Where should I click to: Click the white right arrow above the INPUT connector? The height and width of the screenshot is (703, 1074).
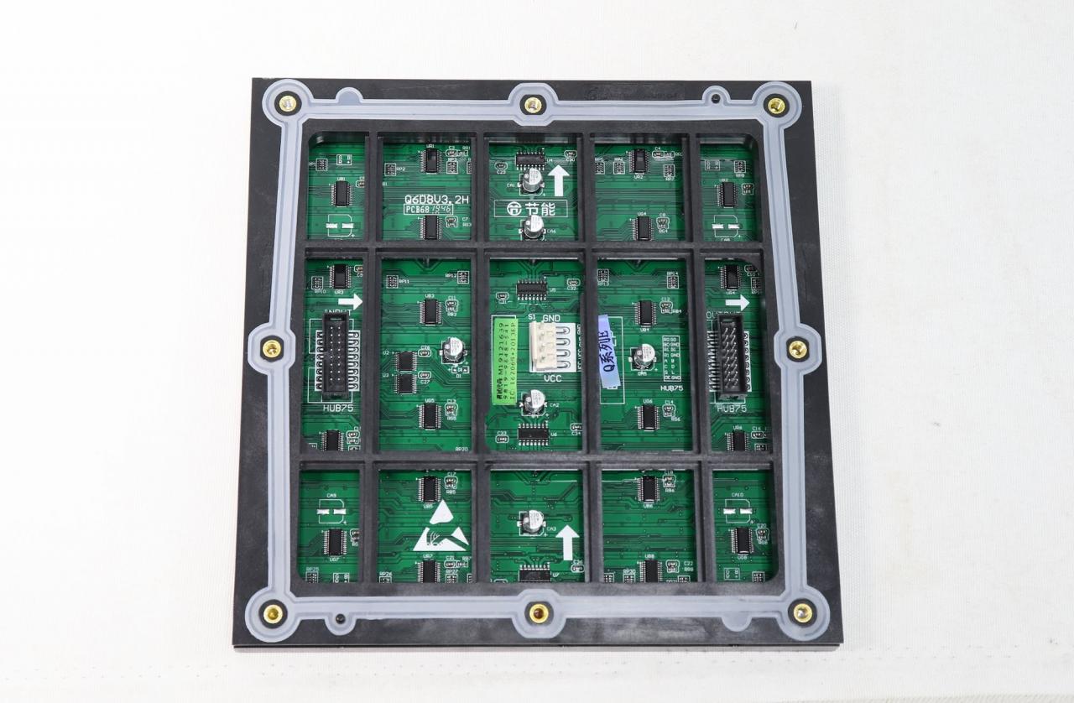click(350, 301)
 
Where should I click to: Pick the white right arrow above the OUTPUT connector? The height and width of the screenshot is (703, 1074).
click(737, 302)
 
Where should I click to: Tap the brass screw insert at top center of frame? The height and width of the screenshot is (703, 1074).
click(532, 105)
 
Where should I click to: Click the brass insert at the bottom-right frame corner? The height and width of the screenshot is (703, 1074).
click(802, 612)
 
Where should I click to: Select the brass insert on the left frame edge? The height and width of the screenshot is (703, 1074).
click(271, 347)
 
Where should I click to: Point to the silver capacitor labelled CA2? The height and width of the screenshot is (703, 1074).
click(533, 402)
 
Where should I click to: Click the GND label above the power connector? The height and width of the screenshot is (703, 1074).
click(551, 319)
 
